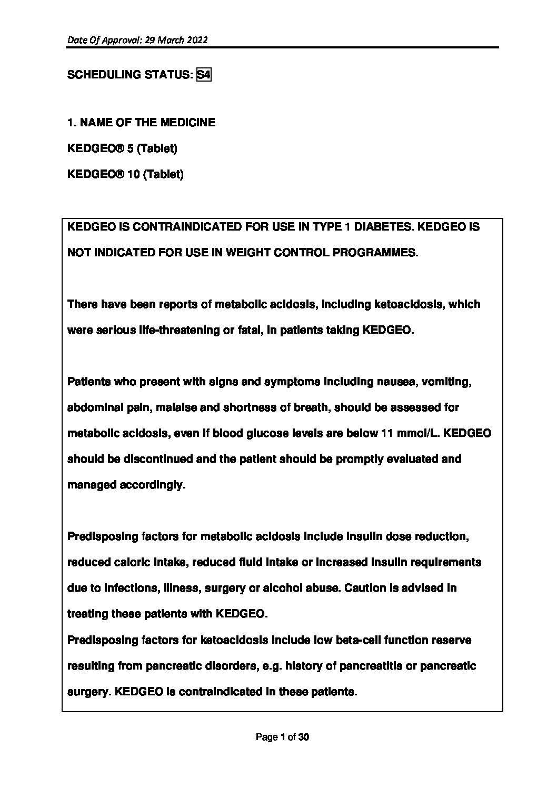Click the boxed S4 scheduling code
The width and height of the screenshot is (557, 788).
[204, 75]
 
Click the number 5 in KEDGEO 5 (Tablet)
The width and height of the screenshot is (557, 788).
[130, 148]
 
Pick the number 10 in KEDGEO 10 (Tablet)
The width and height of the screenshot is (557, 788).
[133, 174]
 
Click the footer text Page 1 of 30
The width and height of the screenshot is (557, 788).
[282, 737]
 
